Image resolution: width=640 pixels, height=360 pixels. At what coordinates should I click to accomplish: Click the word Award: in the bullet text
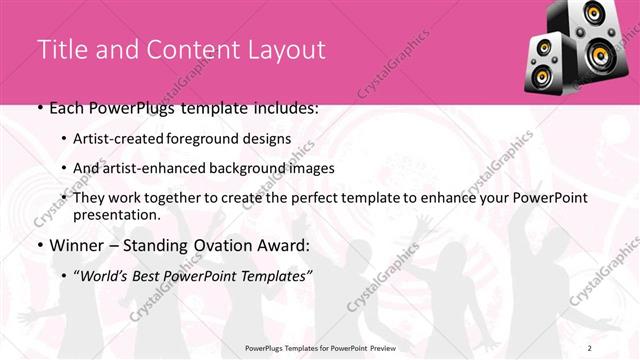point(283,245)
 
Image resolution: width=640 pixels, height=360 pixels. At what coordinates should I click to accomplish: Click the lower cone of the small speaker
point(544,76)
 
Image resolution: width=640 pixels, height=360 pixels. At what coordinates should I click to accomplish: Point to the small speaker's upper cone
point(541,47)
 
